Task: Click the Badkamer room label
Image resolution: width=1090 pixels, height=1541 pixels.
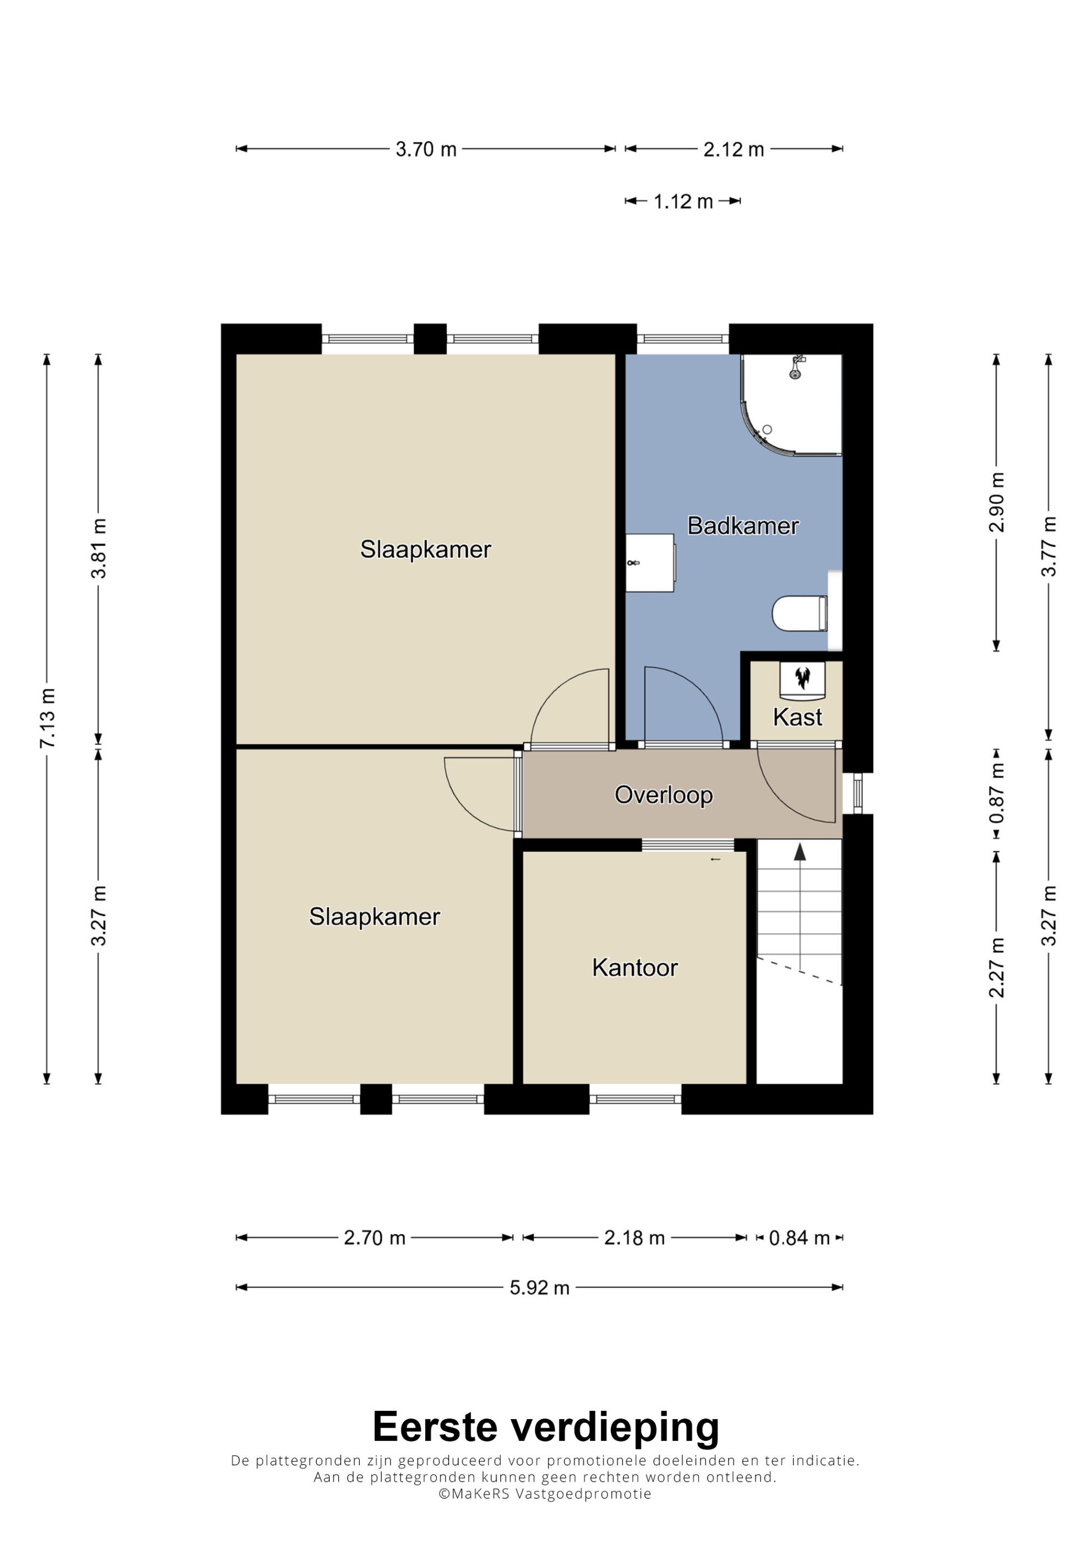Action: [743, 525]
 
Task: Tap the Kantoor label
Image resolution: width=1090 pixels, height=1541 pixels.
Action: [635, 967]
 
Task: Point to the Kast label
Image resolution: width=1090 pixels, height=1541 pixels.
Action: [797, 717]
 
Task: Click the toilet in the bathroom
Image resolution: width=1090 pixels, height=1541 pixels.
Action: [799, 613]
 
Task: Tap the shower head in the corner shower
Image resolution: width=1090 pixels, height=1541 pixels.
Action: [796, 369]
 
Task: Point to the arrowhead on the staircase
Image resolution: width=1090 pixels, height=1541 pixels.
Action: [799, 852]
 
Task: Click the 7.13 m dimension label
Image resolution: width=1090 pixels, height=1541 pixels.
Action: [47, 718]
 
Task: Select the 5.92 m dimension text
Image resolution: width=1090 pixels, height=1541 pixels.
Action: [540, 1287]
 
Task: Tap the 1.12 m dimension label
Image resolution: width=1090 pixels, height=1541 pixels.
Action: [683, 201]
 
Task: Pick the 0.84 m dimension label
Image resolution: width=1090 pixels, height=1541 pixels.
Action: [799, 1238]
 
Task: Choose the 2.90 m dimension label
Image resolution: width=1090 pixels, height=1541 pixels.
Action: [997, 502]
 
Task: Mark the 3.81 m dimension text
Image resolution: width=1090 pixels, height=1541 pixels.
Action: [99, 548]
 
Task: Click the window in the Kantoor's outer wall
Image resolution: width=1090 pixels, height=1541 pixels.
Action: [635, 1099]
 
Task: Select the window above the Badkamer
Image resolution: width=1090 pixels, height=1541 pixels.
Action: [682, 339]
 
